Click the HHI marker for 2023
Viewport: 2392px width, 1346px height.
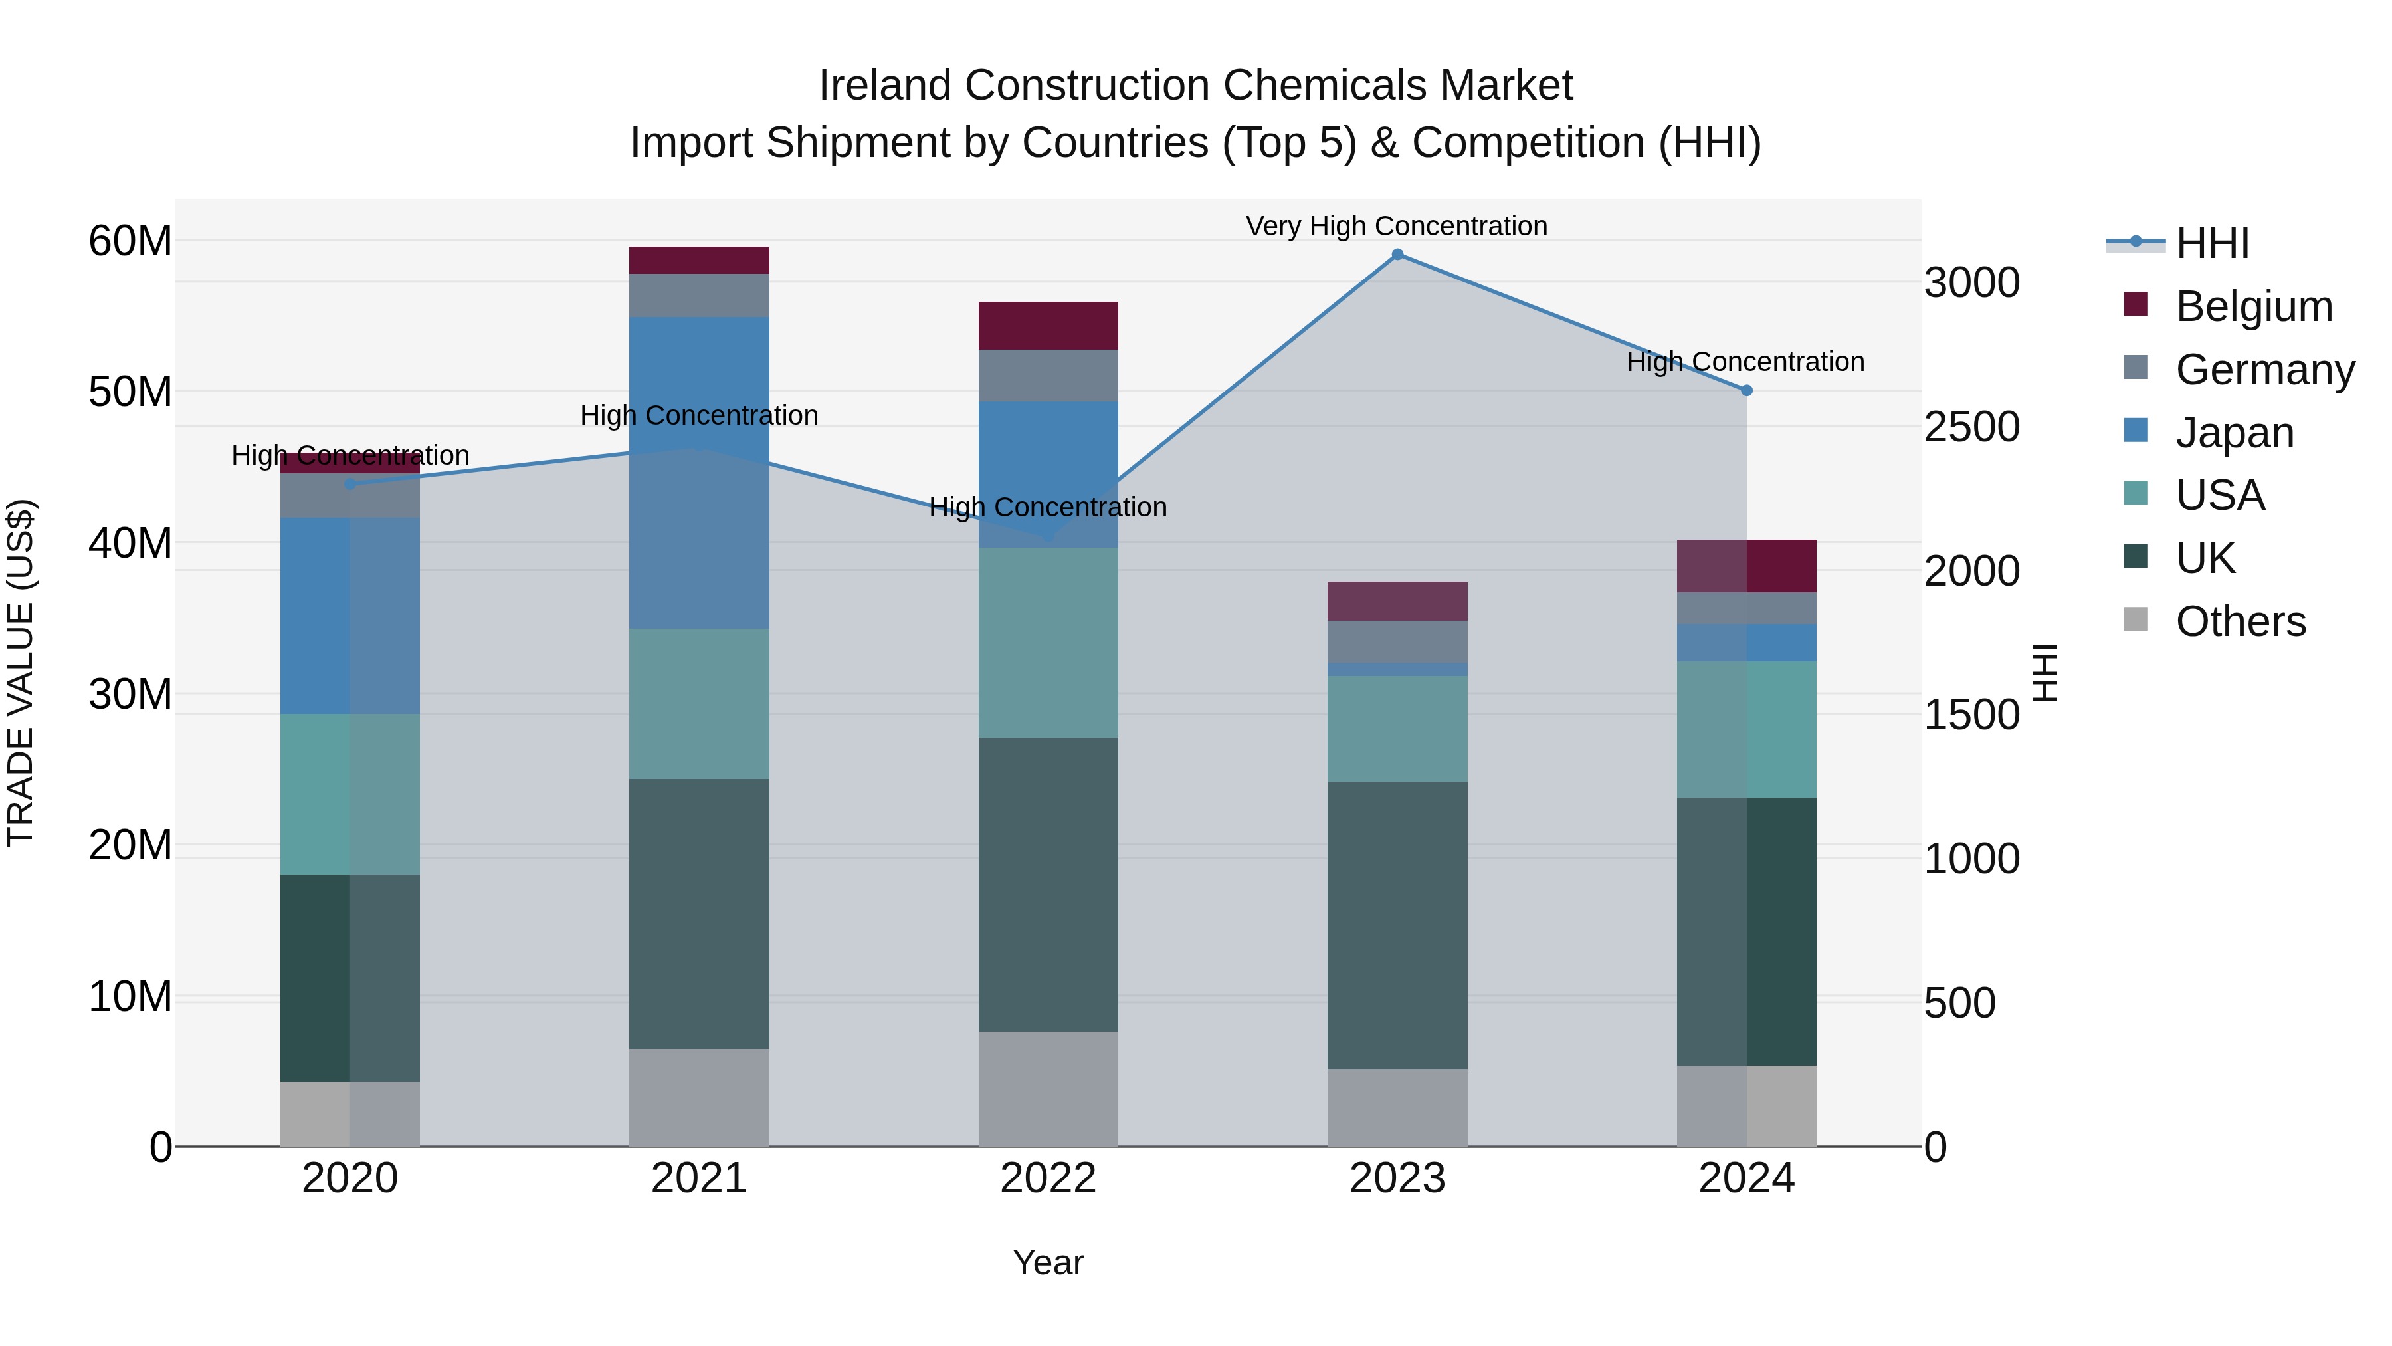tap(1397, 255)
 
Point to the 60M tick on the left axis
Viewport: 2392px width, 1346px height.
tap(130, 241)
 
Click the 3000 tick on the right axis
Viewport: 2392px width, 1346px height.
tap(1971, 282)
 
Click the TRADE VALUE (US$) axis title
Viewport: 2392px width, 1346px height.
tap(21, 673)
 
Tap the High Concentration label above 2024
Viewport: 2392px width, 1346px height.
tap(1745, 362)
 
